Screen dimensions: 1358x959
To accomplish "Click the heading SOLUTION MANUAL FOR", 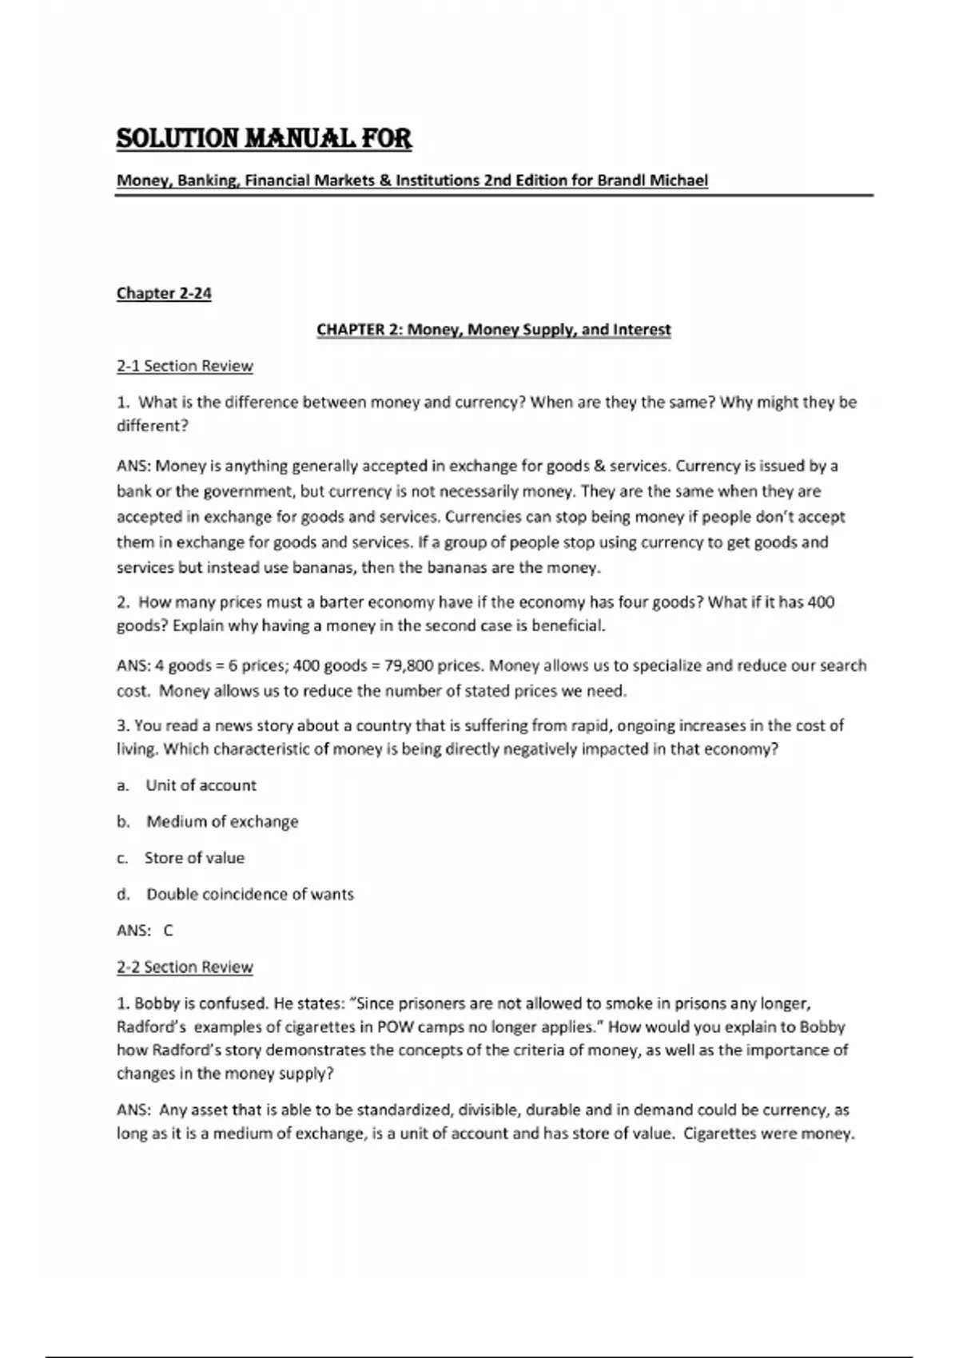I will click(x=264, y=139).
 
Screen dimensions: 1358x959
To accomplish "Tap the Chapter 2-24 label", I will click(x=164, y=293).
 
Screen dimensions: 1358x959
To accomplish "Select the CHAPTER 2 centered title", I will click(x=494, y=330).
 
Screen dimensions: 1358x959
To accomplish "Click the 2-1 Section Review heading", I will click(x=185, y=366).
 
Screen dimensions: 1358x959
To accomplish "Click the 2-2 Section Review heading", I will click(x=185, y=967).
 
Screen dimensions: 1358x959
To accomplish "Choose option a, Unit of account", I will click(x=201, y=785).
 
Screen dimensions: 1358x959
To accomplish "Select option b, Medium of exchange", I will click(x=222, y=821).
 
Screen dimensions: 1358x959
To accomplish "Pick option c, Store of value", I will click(x=194, y=858).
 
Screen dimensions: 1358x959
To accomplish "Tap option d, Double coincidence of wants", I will click(x=249, y=894).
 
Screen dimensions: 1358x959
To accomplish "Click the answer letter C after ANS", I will click(x=168, y=931).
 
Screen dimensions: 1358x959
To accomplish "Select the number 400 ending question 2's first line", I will click(x=821, y=602).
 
